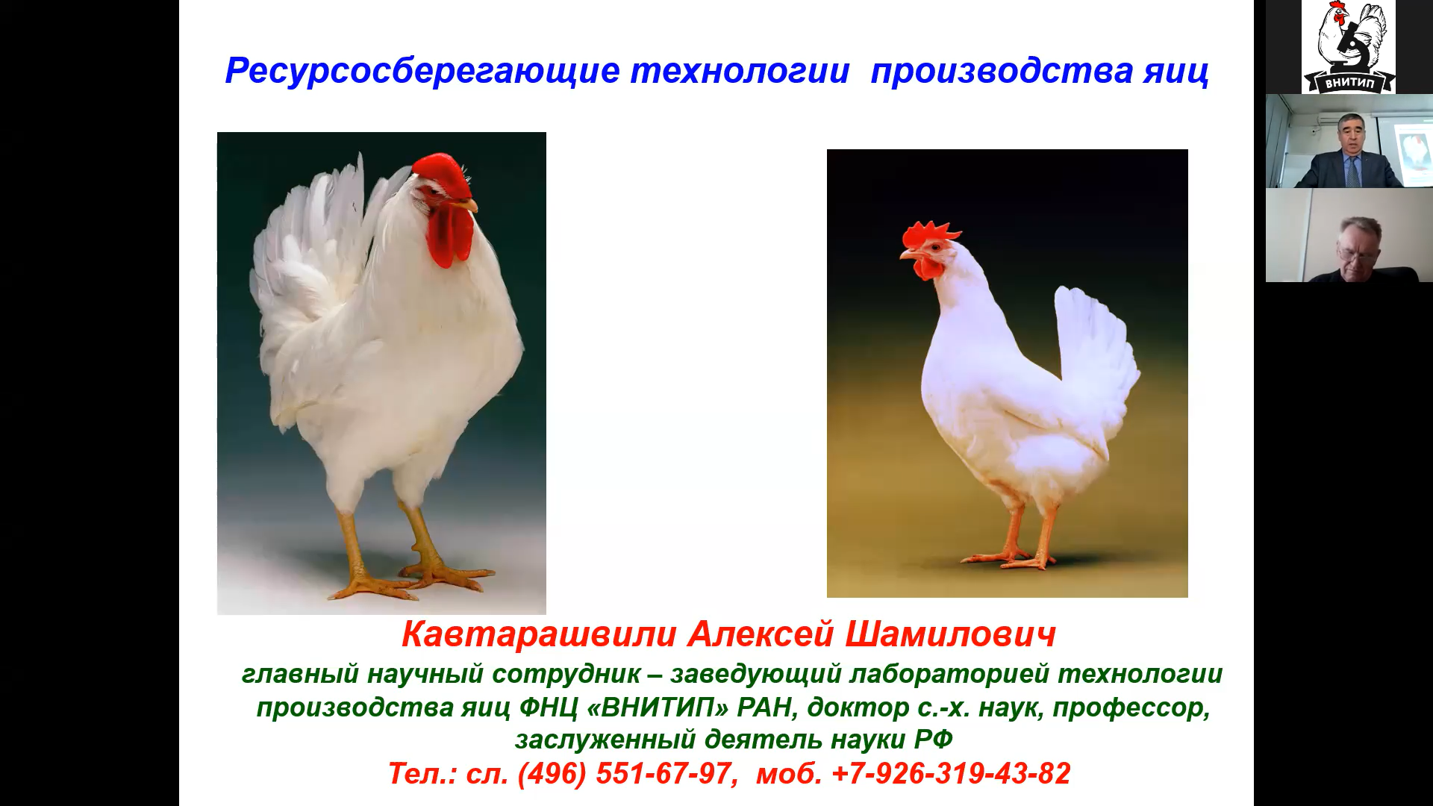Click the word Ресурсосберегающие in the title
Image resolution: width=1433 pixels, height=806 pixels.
422,72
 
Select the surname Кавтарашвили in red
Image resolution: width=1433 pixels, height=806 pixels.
539,634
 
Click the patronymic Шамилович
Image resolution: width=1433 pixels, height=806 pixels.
950,634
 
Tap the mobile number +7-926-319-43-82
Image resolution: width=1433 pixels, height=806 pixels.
951,773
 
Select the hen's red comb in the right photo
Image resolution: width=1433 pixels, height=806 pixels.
929,235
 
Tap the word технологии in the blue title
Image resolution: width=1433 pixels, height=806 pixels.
740,72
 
